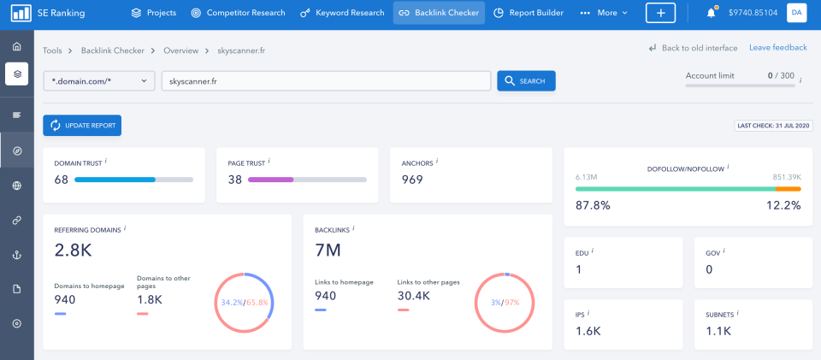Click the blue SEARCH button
pyautogui.click(x=526, y=80)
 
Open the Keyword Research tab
pyautogui.click(x=341, y=13)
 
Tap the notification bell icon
pyautogui.click(x=711, y=13)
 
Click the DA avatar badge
pyautogui.click(x=795, y=13)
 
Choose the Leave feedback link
pyautogui.click(x=777, y=48)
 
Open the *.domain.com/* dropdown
pyautogui.click(x=99, y=80)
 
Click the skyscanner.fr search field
pyautogui.click(x=325, y=80)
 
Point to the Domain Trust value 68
pyautogui.click(x=61, y=180)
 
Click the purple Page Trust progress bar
pyautogui.click(x=271, y=180)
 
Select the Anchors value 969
pyautogui.click(x=412, y=180)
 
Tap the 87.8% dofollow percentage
pyautogui.click(x=593, y=205)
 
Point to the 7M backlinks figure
pyautogui.click(x=328, y=251)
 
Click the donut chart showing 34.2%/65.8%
pyautogui.click(x=245, y=302)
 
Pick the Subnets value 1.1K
pyautogui.click(x=718, y=331)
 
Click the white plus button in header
pyautogui.click(x=660, y=13)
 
